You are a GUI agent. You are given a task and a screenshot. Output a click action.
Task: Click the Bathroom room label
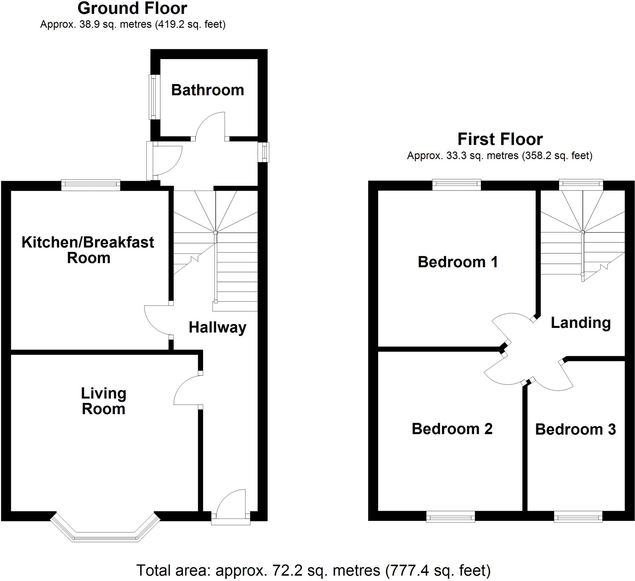207,90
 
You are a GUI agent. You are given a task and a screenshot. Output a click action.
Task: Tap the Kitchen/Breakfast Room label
88,250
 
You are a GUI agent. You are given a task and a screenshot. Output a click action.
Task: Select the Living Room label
104,401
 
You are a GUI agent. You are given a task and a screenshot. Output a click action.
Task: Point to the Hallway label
217,327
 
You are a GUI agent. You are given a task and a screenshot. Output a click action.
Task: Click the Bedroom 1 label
458,262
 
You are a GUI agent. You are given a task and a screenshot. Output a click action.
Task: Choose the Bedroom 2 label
452,429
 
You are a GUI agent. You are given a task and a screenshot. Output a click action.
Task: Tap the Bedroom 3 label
575,429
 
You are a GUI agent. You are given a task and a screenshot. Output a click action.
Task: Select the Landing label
581,323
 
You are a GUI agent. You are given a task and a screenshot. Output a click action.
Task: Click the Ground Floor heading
132,8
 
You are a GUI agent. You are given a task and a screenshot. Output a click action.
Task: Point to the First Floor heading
500,139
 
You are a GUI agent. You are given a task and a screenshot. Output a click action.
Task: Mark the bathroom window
154,97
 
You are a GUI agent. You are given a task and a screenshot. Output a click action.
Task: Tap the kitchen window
91,185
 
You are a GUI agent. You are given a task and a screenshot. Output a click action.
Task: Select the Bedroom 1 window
457,185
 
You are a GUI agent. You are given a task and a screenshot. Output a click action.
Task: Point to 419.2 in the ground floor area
171,24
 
